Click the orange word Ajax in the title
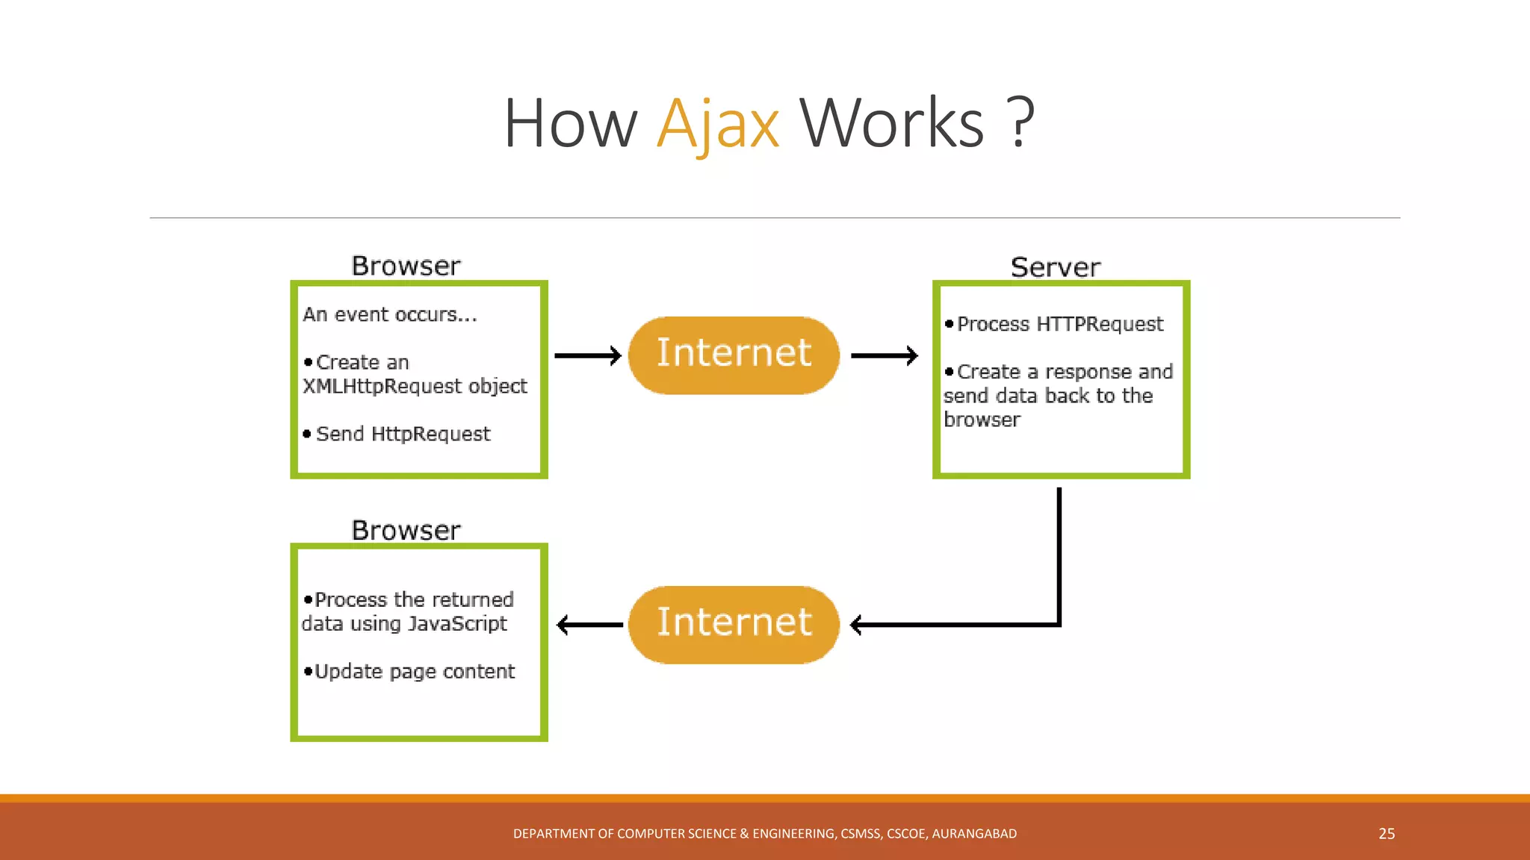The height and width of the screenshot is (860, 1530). (x=718, y=124)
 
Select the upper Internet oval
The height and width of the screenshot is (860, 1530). (x=734, y=355)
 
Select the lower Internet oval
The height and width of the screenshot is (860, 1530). (x=734, y=624)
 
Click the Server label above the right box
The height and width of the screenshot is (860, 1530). (x=1055, y=267)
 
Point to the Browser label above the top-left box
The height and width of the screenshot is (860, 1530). (x=406, y=266)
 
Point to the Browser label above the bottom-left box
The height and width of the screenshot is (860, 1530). (x=406, y=530)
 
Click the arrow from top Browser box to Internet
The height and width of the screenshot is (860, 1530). (x=587, y=355)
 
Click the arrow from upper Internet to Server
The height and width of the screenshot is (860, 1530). (x=884, y=355)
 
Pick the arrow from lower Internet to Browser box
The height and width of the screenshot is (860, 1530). (x=589, y=624)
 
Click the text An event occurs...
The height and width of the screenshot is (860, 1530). (x=389, y=315)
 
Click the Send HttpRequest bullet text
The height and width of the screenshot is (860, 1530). (x=403, y=434)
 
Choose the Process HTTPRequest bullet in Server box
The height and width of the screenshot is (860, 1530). (x=1059, y=324)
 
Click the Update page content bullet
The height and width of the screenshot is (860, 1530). (x=414, y=671)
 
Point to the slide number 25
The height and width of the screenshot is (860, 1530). (x=1387, y=833)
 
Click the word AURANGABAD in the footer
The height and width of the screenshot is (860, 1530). (x=974, y=833)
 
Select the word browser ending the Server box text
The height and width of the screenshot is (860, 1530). (x=982, y=420)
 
